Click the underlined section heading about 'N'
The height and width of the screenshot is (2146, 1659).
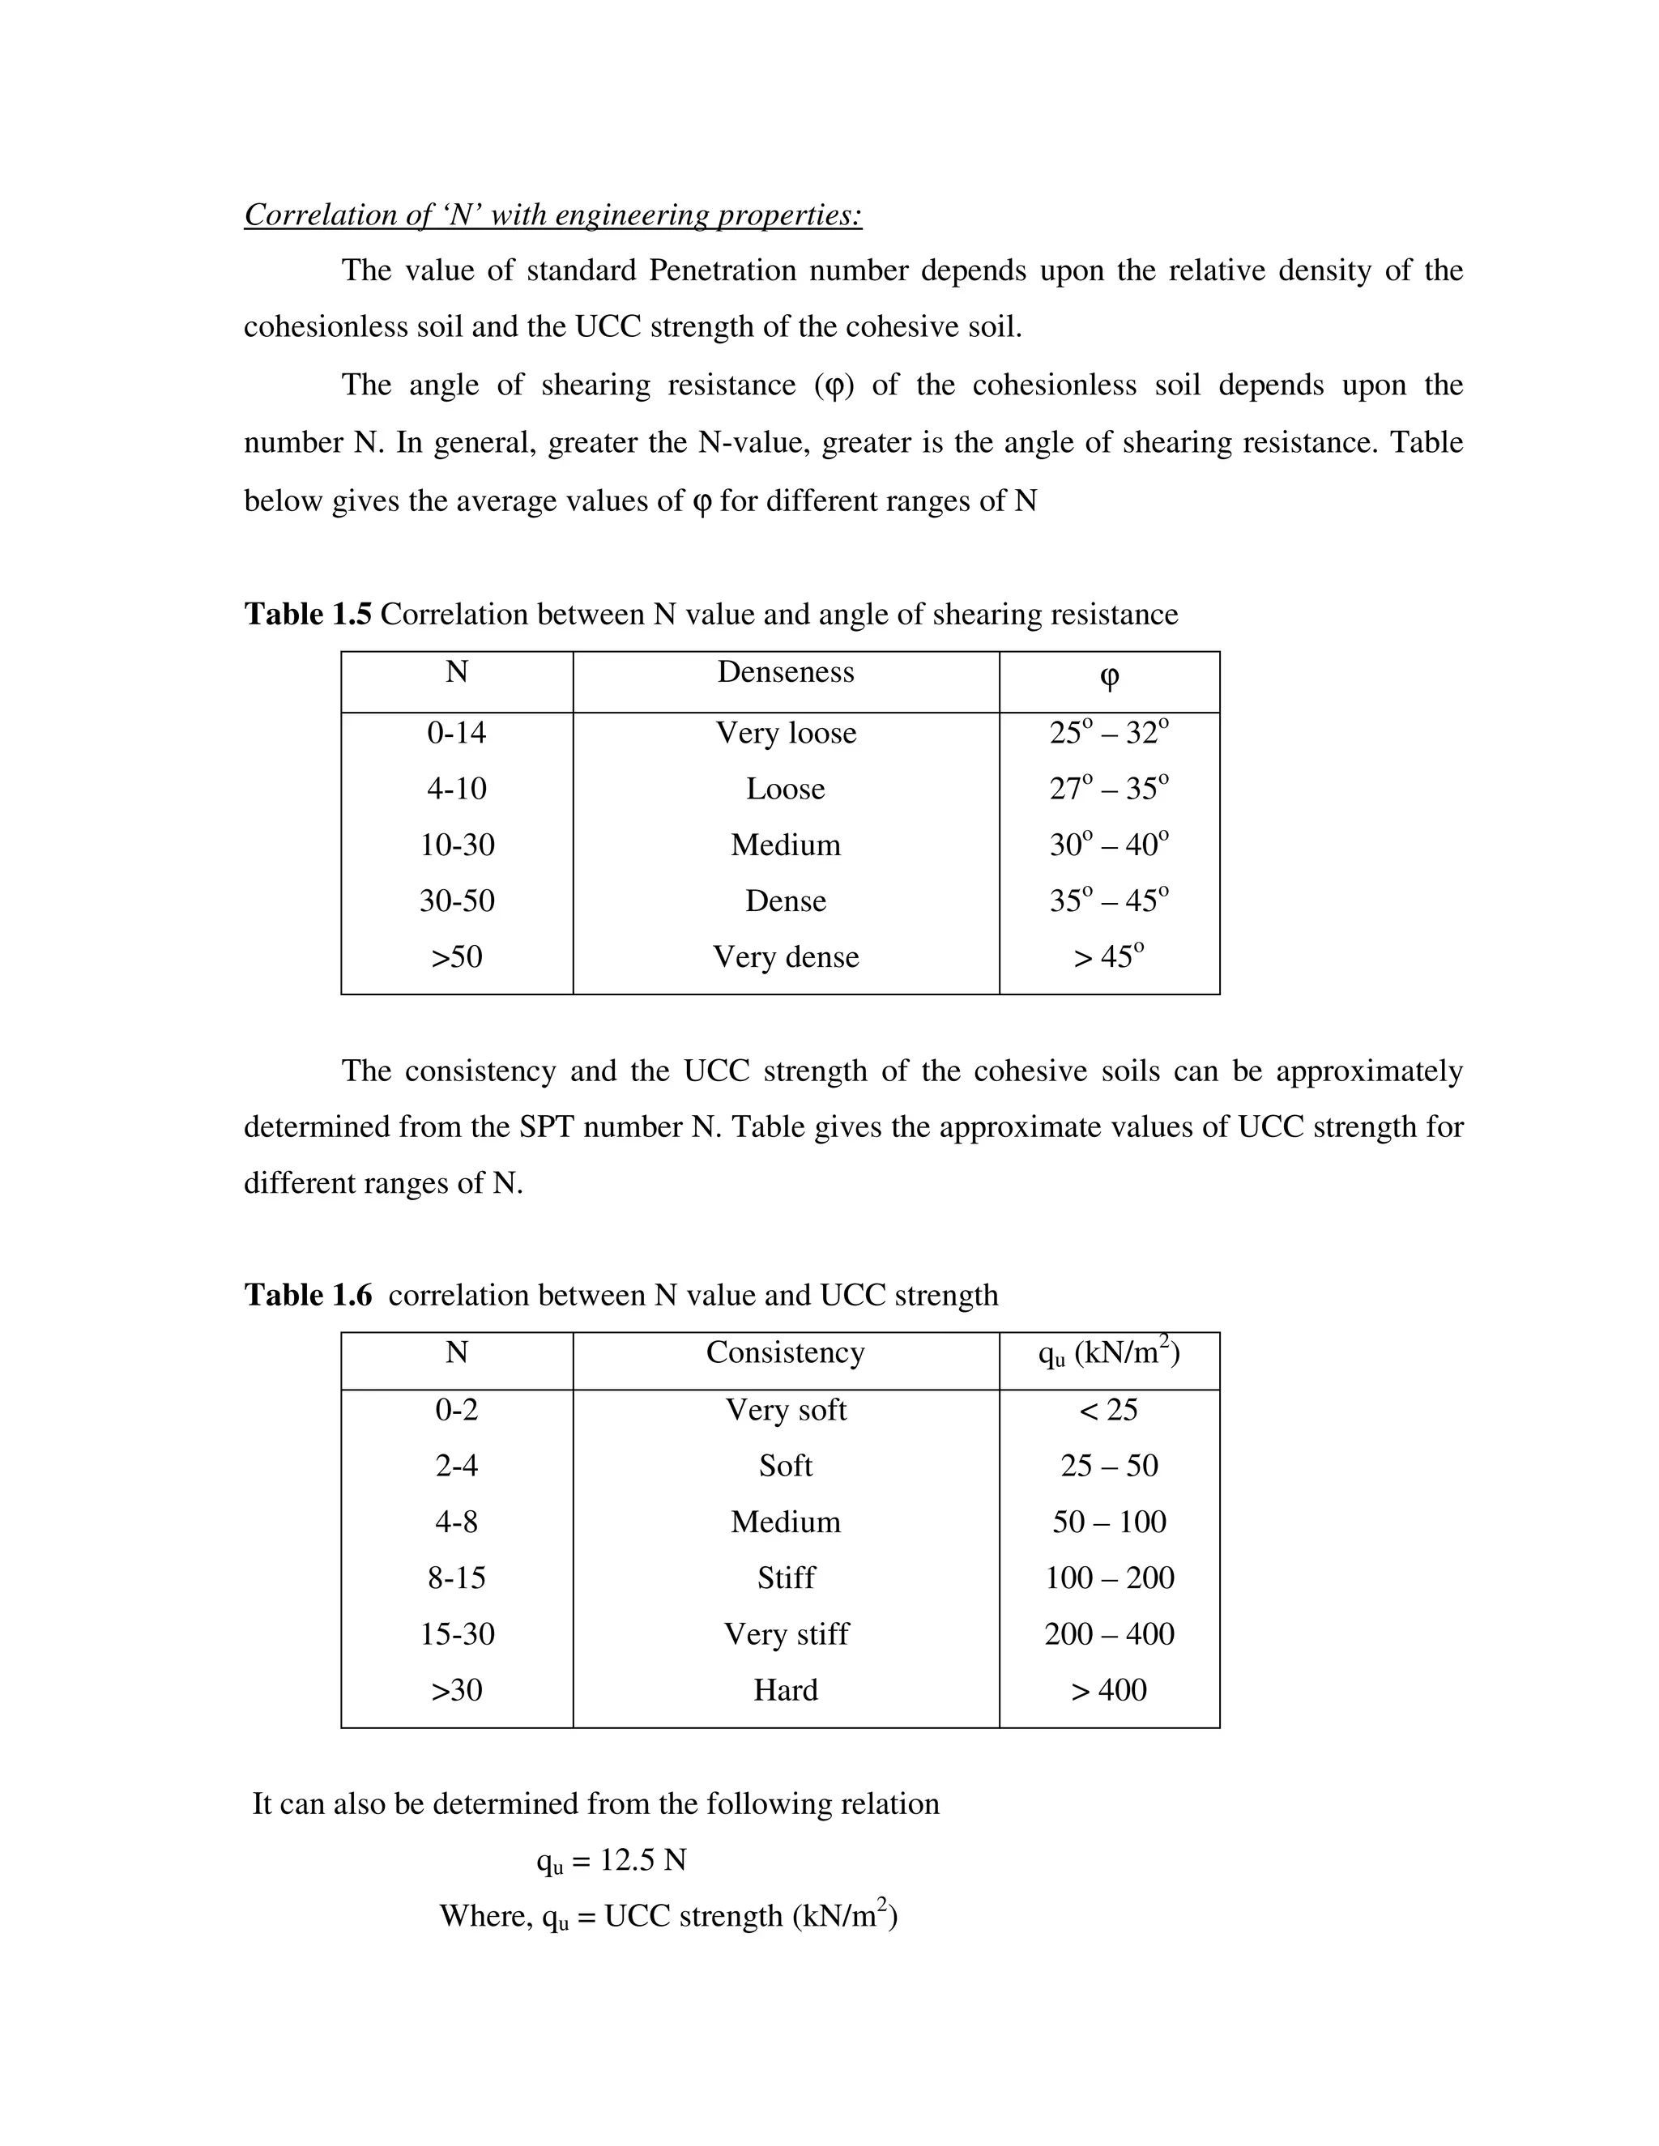click(x=552, y=215)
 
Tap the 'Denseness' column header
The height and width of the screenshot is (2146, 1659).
click(x=785, y=672)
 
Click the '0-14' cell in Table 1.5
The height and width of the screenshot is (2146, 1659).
click(x=456, y=733)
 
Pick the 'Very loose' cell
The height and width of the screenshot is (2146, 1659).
click(x=785, y=733)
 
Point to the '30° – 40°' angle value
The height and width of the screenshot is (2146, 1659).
click(x=1109, y=845)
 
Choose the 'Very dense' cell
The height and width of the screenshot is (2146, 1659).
click(x=785, y=957)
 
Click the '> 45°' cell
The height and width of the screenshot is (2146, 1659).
click(x=1109, y=957)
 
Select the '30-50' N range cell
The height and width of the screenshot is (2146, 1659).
click(x=456, y=901)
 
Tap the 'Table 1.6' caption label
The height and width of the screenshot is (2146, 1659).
click(x=308, y=1295)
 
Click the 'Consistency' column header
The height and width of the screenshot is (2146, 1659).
click(x=785, y=1353)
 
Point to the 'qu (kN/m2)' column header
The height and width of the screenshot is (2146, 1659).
click(x=1109, y=1353)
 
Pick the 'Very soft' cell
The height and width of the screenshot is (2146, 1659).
click(x=785, y=1410)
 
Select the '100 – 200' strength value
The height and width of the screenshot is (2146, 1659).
click(x=1109, y=1578)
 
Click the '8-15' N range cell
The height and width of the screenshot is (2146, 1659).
click(x=456, y=1578)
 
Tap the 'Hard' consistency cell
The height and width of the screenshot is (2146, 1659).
click(x=785, y=1690)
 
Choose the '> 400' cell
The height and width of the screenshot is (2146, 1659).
click(x=1109, y=1690)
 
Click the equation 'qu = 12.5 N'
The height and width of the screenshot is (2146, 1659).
click(x=612, y=1860)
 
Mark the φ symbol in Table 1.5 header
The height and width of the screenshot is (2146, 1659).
click(x=1109, y=677)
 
